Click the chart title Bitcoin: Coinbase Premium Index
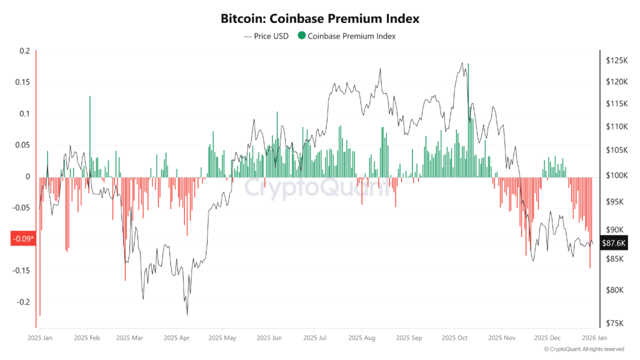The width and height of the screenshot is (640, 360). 320,19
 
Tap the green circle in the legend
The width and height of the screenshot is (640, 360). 302,36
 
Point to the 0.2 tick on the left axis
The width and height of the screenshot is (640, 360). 25,51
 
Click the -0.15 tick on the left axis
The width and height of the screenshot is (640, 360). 22,271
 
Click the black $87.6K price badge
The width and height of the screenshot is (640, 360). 614,243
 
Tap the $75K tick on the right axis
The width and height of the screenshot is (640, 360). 614,323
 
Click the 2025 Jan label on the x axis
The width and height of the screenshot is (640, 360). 40,338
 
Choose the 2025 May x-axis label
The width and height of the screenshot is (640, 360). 222,338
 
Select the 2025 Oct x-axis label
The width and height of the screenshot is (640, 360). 454,338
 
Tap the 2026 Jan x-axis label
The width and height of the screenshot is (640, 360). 594,338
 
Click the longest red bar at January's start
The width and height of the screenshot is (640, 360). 40,246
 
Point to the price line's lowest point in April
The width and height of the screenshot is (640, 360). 187,315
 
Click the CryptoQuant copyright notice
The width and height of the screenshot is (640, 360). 584,349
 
